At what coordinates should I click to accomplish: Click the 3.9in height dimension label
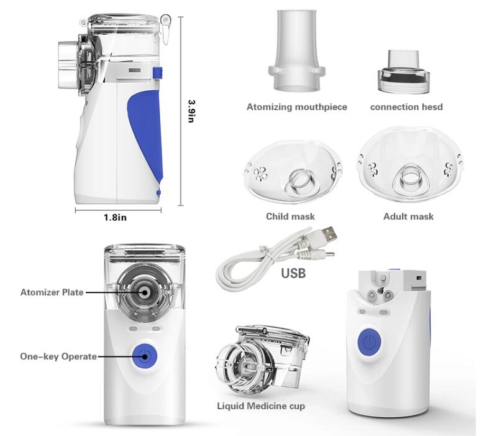pyautogui.click(x=191, y=111)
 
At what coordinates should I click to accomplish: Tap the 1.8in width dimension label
pyautogui.click(x=115, y=218)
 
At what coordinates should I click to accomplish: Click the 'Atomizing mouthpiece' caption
pyautogui.click(x=297, y=107)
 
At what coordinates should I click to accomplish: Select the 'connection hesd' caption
pyautogui.click(x=406, y=107)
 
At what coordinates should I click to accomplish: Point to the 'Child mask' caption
pyautogui.click(x=290, y=216)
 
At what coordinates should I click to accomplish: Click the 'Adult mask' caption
pyautogui.click(x=409, y=216)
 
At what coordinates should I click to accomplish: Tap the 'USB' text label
pyautogui.click(x=293, y=273)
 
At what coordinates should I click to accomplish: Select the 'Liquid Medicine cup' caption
pyautogui.click(x=261, y=406)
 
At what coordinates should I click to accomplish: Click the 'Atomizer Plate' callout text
pyautogui.click(x=52, y=292)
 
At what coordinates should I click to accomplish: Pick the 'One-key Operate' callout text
pyautogui.click(x=58, y=356)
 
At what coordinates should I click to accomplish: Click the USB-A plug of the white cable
pyautogui.click(x=328, y=234)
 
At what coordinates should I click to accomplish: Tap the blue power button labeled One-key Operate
pyautogui.click(x=145, y=356)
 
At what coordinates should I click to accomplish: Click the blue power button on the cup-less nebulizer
pyautogui.click(x=369, y=342)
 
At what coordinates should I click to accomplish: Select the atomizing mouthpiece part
pyautogui.click(x=296, y=50)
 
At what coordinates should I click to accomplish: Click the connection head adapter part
pyautogui.click(x=403, y=72)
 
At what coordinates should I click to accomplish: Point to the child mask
pyautogui.click(x=293, y=172)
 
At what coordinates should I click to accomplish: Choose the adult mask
pyautogui.click(x=411, y=164)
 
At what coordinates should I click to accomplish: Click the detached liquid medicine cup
pyautogui.click(x=262, y=359)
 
